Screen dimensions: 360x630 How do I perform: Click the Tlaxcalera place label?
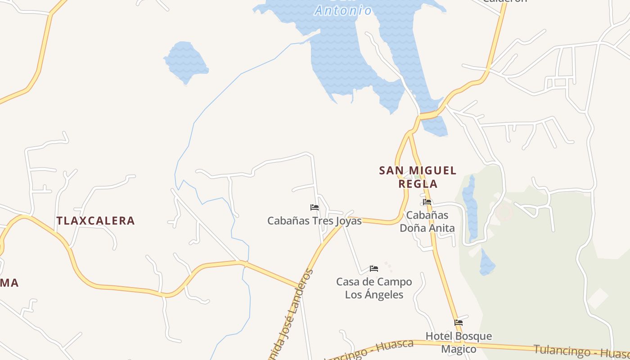95,220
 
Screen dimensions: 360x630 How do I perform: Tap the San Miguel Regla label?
418,177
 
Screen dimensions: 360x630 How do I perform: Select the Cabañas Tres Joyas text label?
314,221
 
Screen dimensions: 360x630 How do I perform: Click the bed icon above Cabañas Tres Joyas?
315,207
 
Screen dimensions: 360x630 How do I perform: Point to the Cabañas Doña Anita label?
427,221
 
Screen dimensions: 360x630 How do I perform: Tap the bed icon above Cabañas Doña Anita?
427,202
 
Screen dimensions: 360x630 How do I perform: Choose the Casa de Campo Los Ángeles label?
374,288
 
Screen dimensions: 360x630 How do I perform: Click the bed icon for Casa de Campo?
374,269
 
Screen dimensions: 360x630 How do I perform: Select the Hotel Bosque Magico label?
459,342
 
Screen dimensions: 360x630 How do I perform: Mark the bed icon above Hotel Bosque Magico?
459,323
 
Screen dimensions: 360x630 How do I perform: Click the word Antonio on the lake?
343,10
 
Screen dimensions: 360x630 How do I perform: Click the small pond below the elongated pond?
486,263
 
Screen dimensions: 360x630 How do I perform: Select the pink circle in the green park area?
504,212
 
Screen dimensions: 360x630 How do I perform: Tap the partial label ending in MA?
9,283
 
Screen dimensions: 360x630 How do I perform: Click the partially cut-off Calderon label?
504,1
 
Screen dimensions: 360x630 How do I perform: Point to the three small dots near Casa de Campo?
388,267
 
